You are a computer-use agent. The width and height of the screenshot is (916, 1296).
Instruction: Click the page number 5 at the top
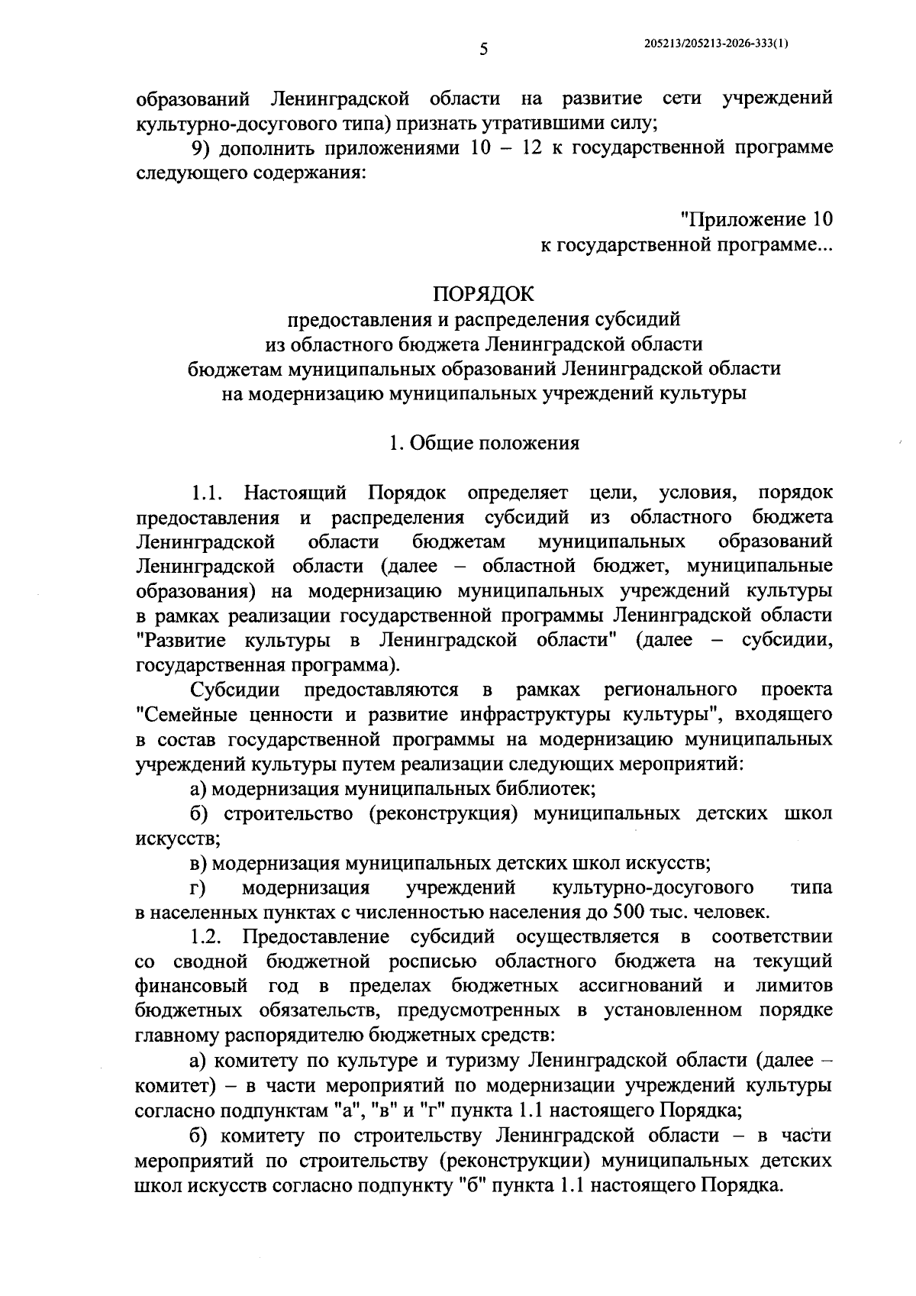[483, 50]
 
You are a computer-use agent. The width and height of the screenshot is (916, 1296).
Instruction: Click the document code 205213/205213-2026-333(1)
[716, 44]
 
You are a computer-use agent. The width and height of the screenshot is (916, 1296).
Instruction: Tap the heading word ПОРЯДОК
[484, 293]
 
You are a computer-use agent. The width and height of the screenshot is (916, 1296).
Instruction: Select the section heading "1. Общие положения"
[484, 443]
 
